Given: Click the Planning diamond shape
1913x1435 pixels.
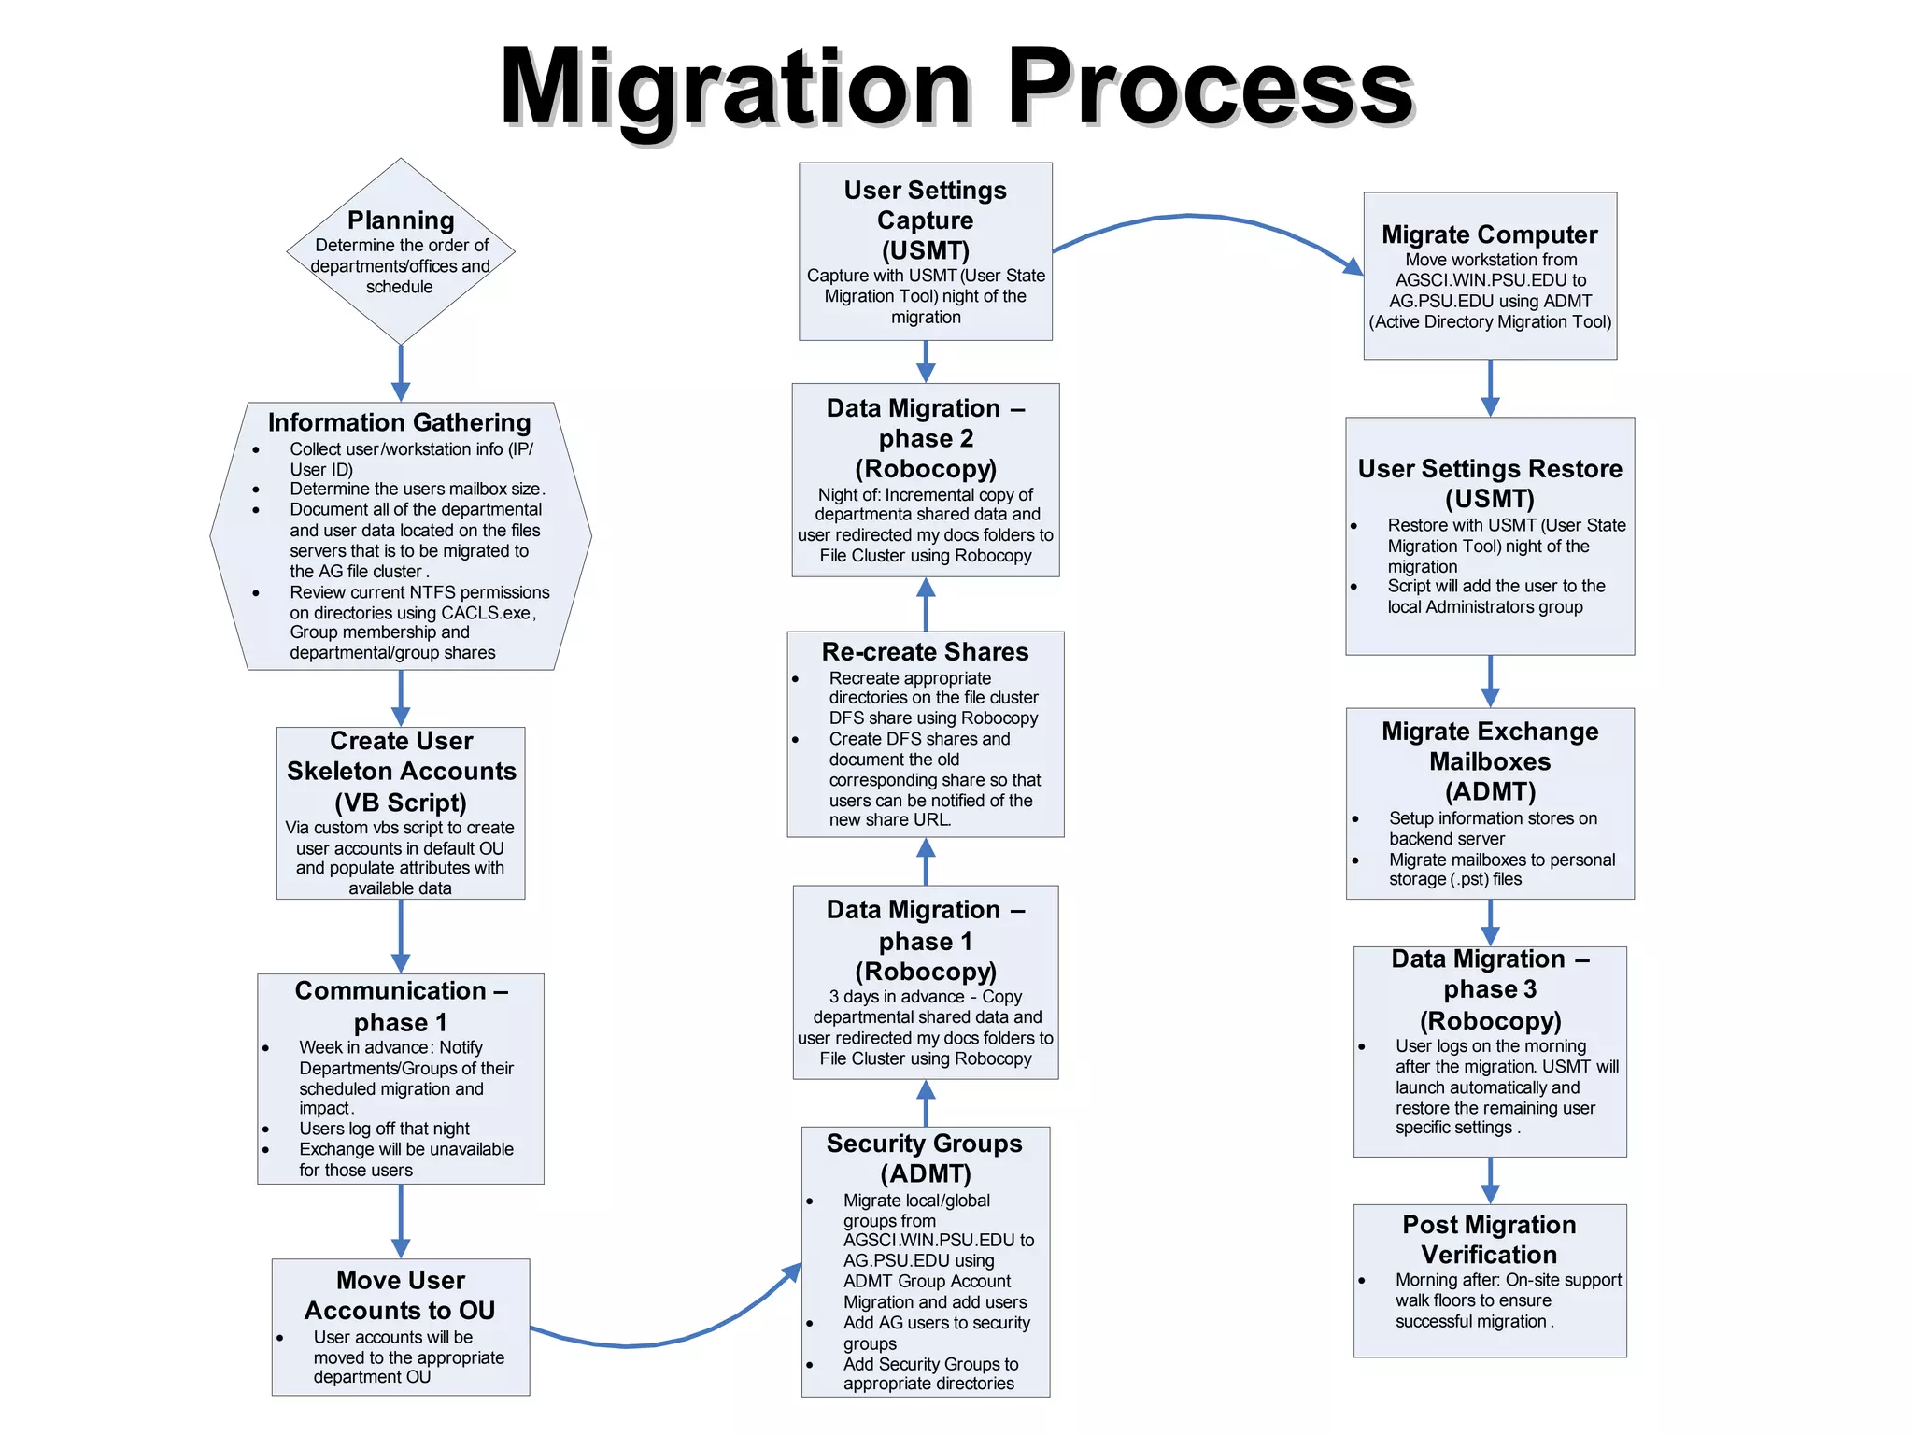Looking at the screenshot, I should click(x=401, y=250).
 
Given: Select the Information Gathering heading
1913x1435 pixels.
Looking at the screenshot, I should click(x=399, y=422).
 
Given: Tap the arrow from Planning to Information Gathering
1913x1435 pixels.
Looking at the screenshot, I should click(x=401, y=373).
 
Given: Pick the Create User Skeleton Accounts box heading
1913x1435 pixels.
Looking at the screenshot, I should click(x=401, y=771).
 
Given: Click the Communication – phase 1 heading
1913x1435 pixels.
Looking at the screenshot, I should click(x=401, y=1005).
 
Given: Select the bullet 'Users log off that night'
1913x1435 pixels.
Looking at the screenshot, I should click(x=384, y=1129).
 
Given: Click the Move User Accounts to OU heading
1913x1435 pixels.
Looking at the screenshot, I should click(x=401, y=1295).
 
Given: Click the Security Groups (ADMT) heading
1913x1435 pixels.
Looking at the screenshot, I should click(x=925, y=1158).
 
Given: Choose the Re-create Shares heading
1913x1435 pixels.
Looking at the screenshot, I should click(x=925, y=651).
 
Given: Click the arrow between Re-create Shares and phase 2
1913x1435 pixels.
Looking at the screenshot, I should click(x=926, y=604).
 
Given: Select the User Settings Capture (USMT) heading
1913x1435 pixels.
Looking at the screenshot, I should click(x=925, y=220).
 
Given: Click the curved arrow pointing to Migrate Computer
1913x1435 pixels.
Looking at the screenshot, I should click(x=1205, y=219).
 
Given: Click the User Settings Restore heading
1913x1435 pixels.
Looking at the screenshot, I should click(x=1490, y=483).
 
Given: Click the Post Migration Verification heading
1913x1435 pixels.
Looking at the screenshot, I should click(x=1489, y=1239).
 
